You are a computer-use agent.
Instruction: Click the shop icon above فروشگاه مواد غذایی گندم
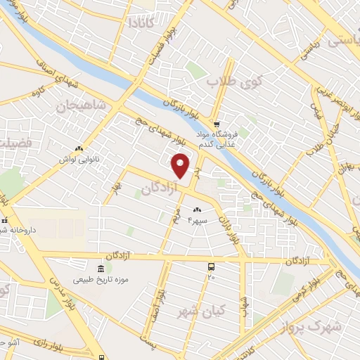[x=217, y=122]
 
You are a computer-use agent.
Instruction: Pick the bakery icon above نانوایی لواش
[x=79, y=148]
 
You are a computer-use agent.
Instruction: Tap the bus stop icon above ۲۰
[x=211, y=266]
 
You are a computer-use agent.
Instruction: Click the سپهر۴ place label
[x=198, y=220]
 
